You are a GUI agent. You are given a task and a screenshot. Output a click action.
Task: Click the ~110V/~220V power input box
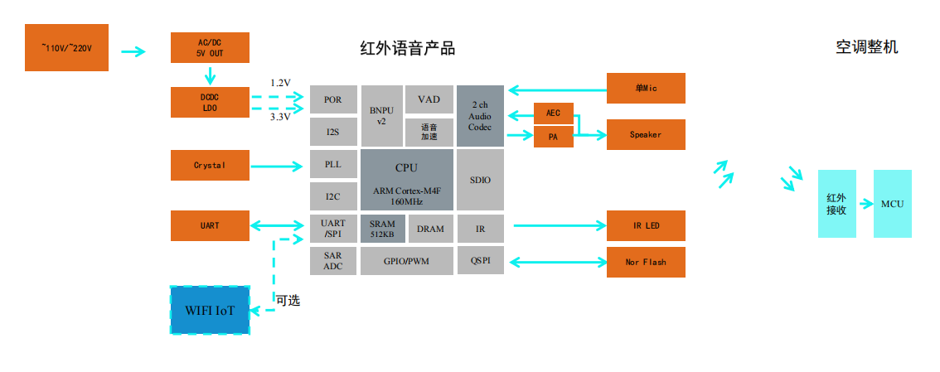[x=67, y=48]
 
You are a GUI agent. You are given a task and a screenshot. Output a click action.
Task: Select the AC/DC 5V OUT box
[x=210, y=48]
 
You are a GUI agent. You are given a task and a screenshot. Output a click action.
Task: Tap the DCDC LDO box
[x=210, y=102]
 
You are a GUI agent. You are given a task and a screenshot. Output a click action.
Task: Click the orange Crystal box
[x=210, y=165]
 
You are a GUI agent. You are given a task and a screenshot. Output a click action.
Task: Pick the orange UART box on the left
[x=210, y=225]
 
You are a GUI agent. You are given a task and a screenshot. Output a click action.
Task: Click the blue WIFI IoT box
[x=210, y=310]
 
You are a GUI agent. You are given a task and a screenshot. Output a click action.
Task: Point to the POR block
[x=333, y=100]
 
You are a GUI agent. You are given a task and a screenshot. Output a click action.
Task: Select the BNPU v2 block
[x=381, y=115]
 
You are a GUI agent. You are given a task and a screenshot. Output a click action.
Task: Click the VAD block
[x=429, y=99]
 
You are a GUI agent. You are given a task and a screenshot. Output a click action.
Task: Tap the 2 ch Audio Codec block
[x=480, y=116]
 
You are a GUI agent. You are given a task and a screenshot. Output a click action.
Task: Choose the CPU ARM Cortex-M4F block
[x=406, y=180]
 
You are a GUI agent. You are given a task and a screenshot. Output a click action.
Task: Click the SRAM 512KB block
[x=382, y=229]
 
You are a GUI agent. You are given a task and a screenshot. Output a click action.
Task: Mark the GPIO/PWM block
[x=406, y=261]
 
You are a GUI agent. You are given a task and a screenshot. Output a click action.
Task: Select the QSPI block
[x=480, y=261]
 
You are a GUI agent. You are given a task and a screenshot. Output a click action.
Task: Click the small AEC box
[x=553, y=113]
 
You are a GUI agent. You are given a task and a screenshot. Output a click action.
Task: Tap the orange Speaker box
[x=646, y=134]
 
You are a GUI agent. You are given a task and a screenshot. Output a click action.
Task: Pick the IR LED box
[x=646, y=225]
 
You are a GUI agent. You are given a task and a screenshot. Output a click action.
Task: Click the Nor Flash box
[x=646, y=262]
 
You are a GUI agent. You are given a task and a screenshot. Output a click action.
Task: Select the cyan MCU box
[x=892, y=204]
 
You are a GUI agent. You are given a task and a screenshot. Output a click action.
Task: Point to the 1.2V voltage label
[x=280, y=83]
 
